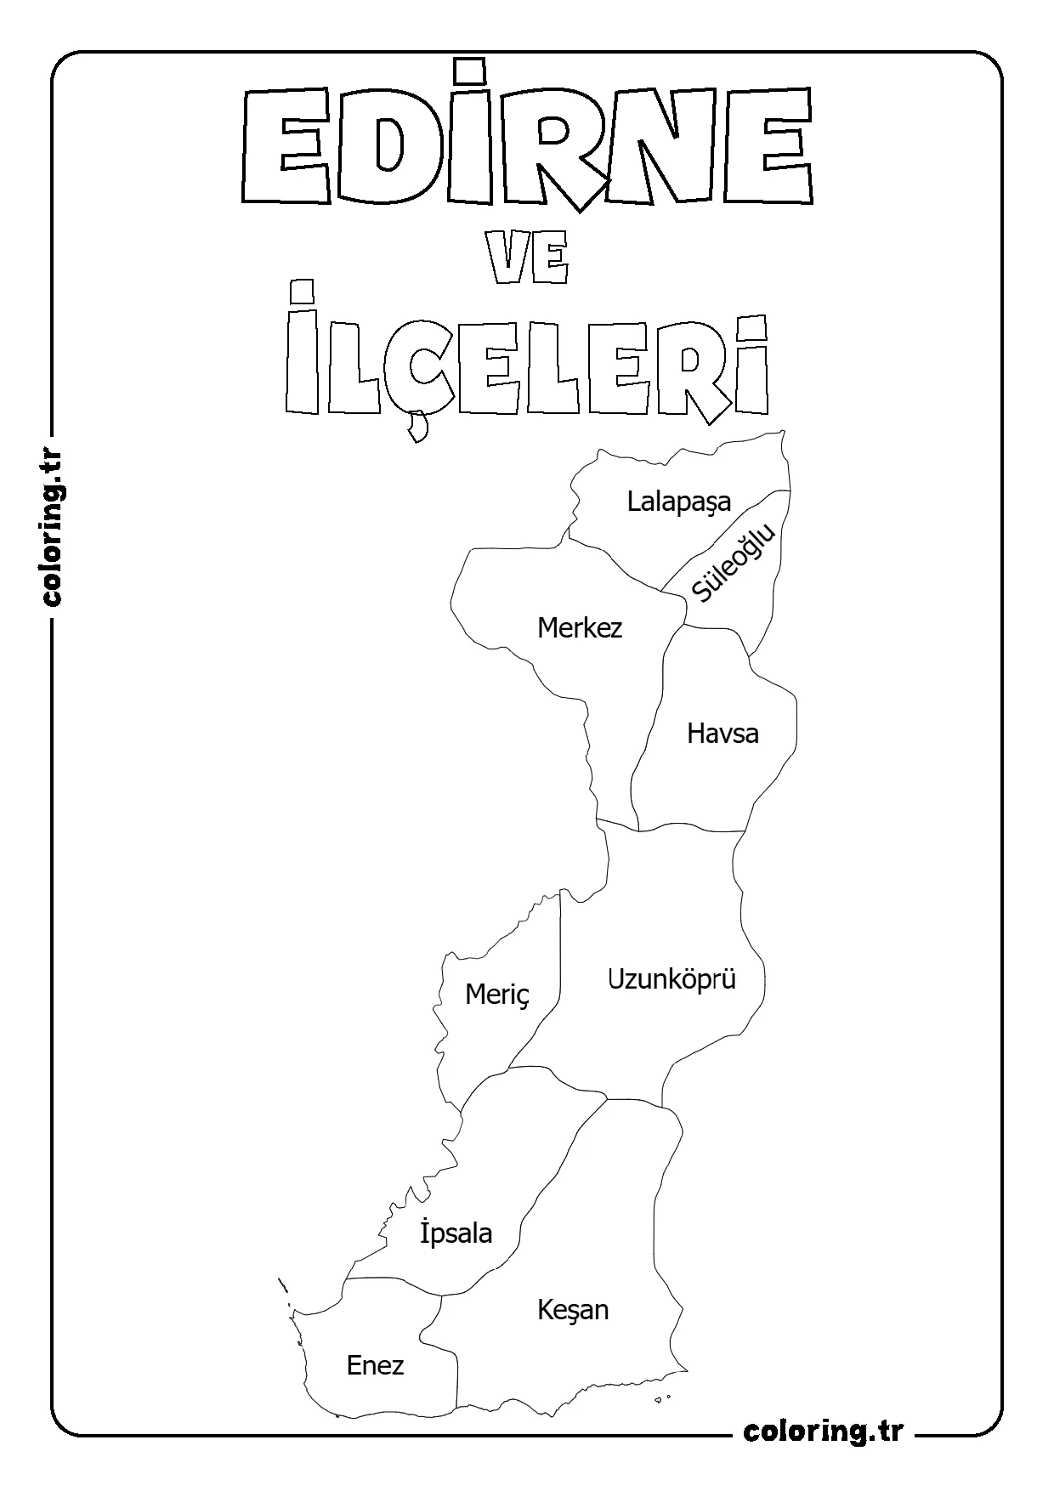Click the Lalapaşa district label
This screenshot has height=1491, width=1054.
678,502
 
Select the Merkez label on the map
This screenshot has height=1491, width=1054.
580,628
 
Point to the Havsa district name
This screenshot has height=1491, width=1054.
722,733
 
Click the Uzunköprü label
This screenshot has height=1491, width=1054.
671,979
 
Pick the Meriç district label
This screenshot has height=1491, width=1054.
497,995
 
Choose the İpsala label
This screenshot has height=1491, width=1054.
456,1232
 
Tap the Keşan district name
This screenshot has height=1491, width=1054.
573,1310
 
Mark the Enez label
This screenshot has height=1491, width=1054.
375,1365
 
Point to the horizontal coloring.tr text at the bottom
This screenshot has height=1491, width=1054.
823,1431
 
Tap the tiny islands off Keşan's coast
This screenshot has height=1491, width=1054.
666,1397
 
